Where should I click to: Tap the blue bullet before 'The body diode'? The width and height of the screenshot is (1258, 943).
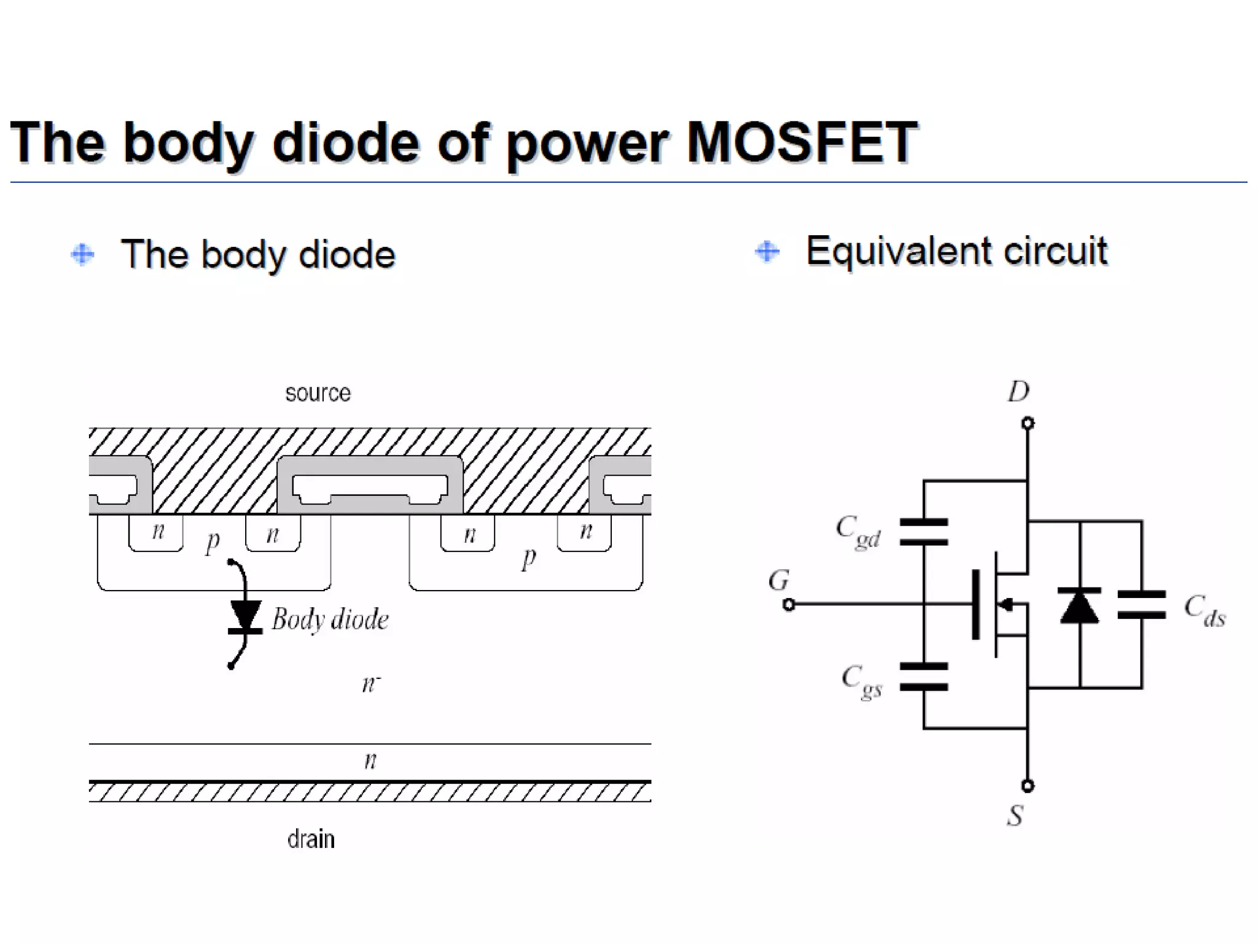coord(82,254)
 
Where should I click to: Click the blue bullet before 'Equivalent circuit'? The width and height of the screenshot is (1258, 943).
coord(767,251)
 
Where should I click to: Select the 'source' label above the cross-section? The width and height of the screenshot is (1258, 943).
coord(318,393)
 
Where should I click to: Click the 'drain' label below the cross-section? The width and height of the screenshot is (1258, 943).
coord(311,839)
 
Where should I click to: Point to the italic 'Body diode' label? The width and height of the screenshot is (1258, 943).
coord(330,619)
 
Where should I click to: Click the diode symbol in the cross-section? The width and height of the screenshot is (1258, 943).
coord(245,617)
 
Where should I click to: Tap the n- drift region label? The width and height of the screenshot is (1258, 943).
coord(370,683)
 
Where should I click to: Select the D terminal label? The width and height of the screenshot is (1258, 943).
coord(1018,391)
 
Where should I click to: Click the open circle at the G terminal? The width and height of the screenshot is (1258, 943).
coord(789,605)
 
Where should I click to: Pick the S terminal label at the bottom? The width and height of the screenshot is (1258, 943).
coord(1015,815)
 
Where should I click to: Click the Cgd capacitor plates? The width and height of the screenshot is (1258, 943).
coord(923,532)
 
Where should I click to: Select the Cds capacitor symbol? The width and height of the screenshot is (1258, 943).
coord(1141,604)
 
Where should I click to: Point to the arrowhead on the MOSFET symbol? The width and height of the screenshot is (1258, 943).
coord(1005,605)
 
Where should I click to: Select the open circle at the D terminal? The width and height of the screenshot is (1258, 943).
coord(1028,423)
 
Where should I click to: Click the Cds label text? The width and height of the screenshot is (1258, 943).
coord(1204,610)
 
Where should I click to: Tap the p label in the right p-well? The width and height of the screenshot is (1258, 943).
coord(528,557)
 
